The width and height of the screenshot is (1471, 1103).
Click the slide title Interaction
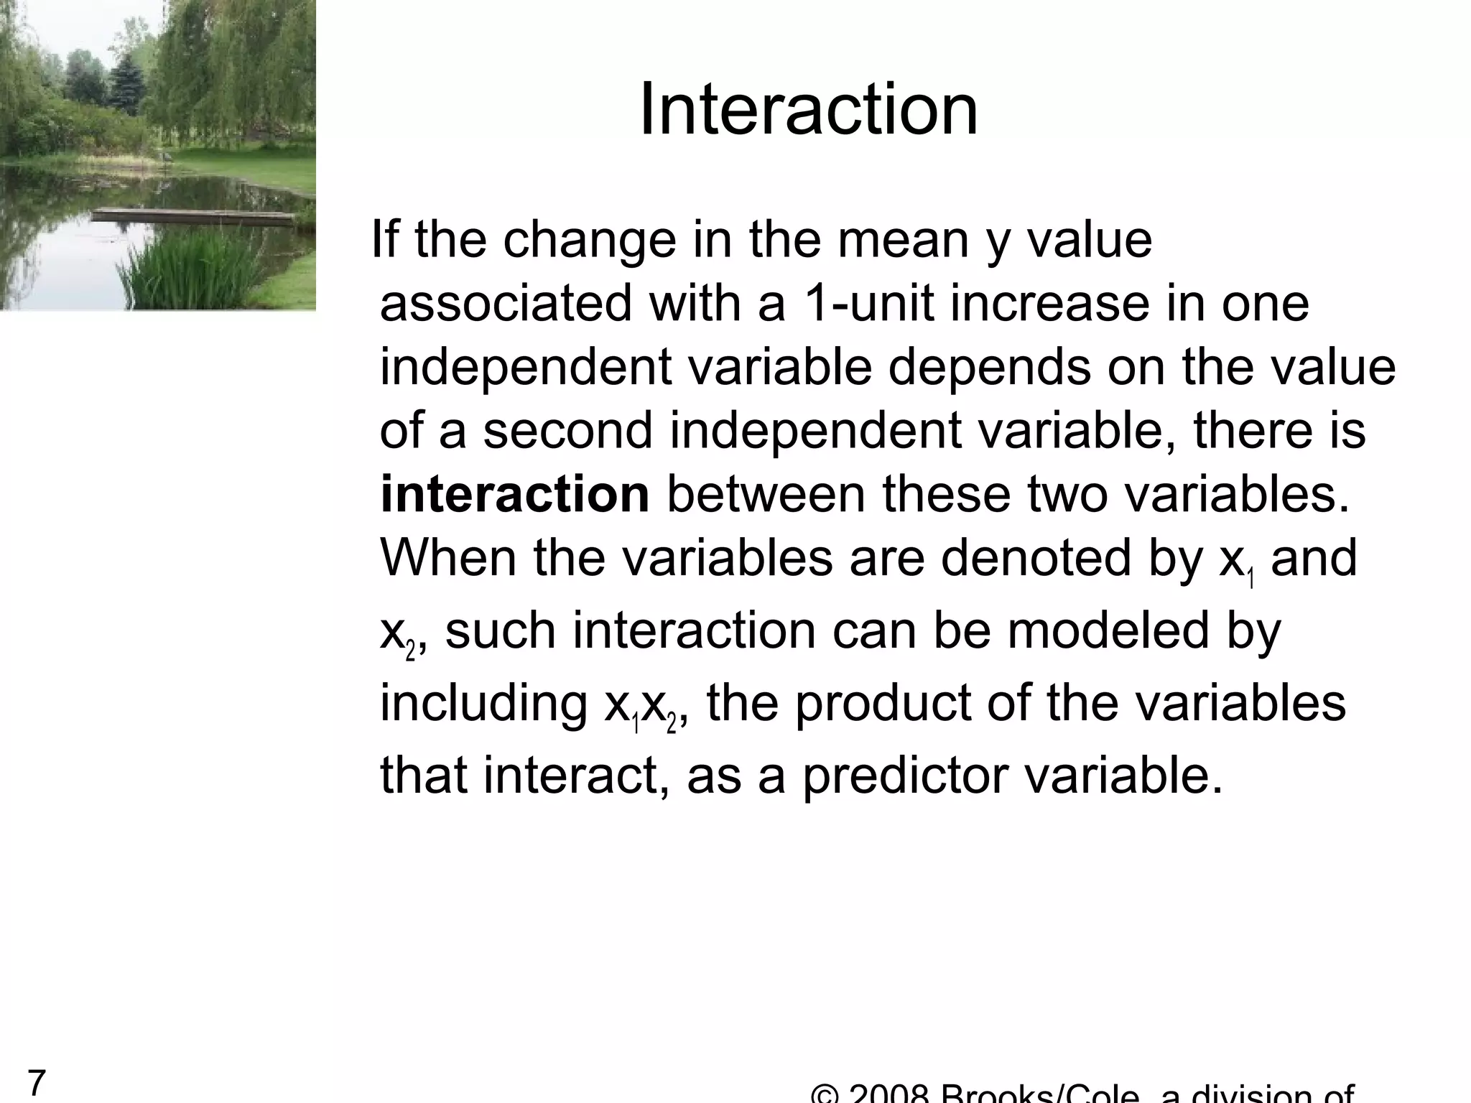tap(808, 109)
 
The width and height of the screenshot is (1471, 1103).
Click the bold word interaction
tap(514, 495)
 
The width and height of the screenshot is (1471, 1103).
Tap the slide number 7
tap(37, 1082)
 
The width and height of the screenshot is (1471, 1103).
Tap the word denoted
tap(1035, 559)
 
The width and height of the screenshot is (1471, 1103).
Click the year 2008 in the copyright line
tap(890, 1094)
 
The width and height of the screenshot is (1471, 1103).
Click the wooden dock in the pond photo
tap(194, 214)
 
